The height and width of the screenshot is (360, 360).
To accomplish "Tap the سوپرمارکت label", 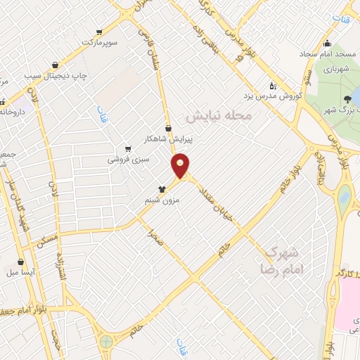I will coord(98,43).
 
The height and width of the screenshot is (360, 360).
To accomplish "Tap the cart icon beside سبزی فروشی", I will coord(127,149).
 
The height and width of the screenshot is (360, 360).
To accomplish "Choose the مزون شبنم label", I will coord(163,200).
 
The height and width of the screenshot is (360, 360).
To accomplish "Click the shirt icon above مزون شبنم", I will coord(162,189).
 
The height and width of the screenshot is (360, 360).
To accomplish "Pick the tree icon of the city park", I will coord(348,99).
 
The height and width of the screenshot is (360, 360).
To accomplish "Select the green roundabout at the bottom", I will coord(106,342).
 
